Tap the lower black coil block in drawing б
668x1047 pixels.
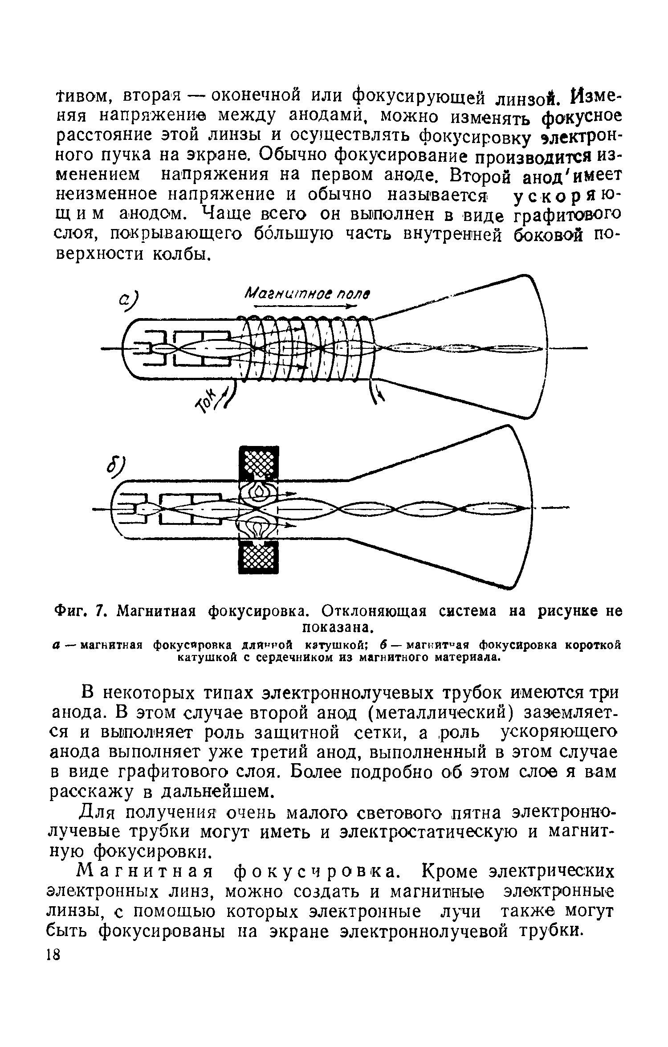coord(259,557)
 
